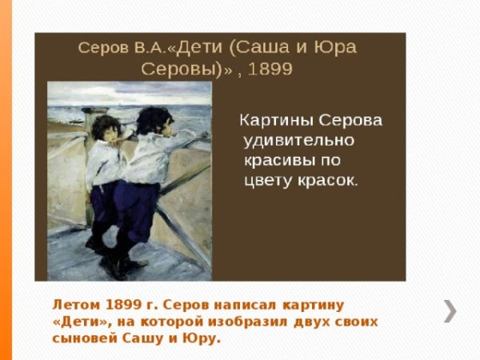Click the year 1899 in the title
pyautogui.click(x=271, y=69)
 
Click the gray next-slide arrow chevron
pyautogui.click(x=451, y=310)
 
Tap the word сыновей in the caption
pyautogui.click(x=83, y=338)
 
